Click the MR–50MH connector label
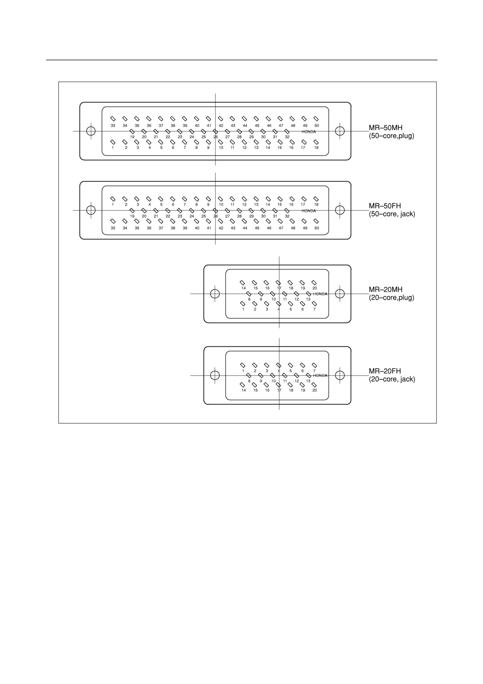click(386, 128)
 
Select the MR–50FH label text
click(385, 206)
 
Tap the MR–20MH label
click(386, 290)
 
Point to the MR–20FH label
click(385, 371)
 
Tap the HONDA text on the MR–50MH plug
click(309, 132)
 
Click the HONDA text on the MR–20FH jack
click(320, 376)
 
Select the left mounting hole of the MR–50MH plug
click(91, 131)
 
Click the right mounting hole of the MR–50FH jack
click(340, 210)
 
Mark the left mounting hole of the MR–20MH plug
click(215, 294)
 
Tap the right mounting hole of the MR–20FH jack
click(340, 375)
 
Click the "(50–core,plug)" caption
click(392, 136)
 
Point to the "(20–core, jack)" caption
click(392, 379)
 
